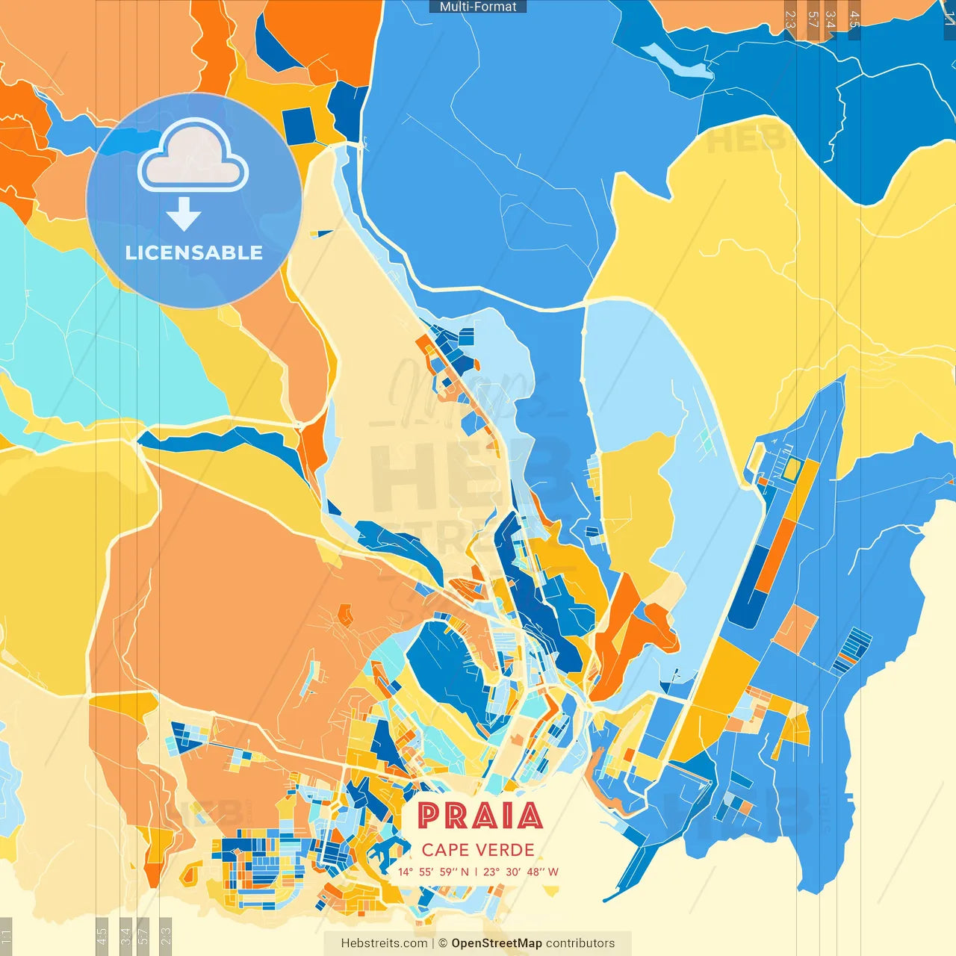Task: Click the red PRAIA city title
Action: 479,816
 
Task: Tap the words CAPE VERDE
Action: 478,850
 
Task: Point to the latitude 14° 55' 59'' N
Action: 433,872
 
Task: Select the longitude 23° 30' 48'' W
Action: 521,872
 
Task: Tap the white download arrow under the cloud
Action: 184,214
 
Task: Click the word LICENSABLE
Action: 194,252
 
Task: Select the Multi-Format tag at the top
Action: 478,7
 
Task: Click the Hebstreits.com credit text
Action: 384,943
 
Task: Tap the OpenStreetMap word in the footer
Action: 496,943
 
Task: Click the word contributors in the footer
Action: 580,943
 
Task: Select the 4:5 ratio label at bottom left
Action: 102,936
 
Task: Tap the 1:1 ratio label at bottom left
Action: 6,936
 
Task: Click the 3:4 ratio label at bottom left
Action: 125,936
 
